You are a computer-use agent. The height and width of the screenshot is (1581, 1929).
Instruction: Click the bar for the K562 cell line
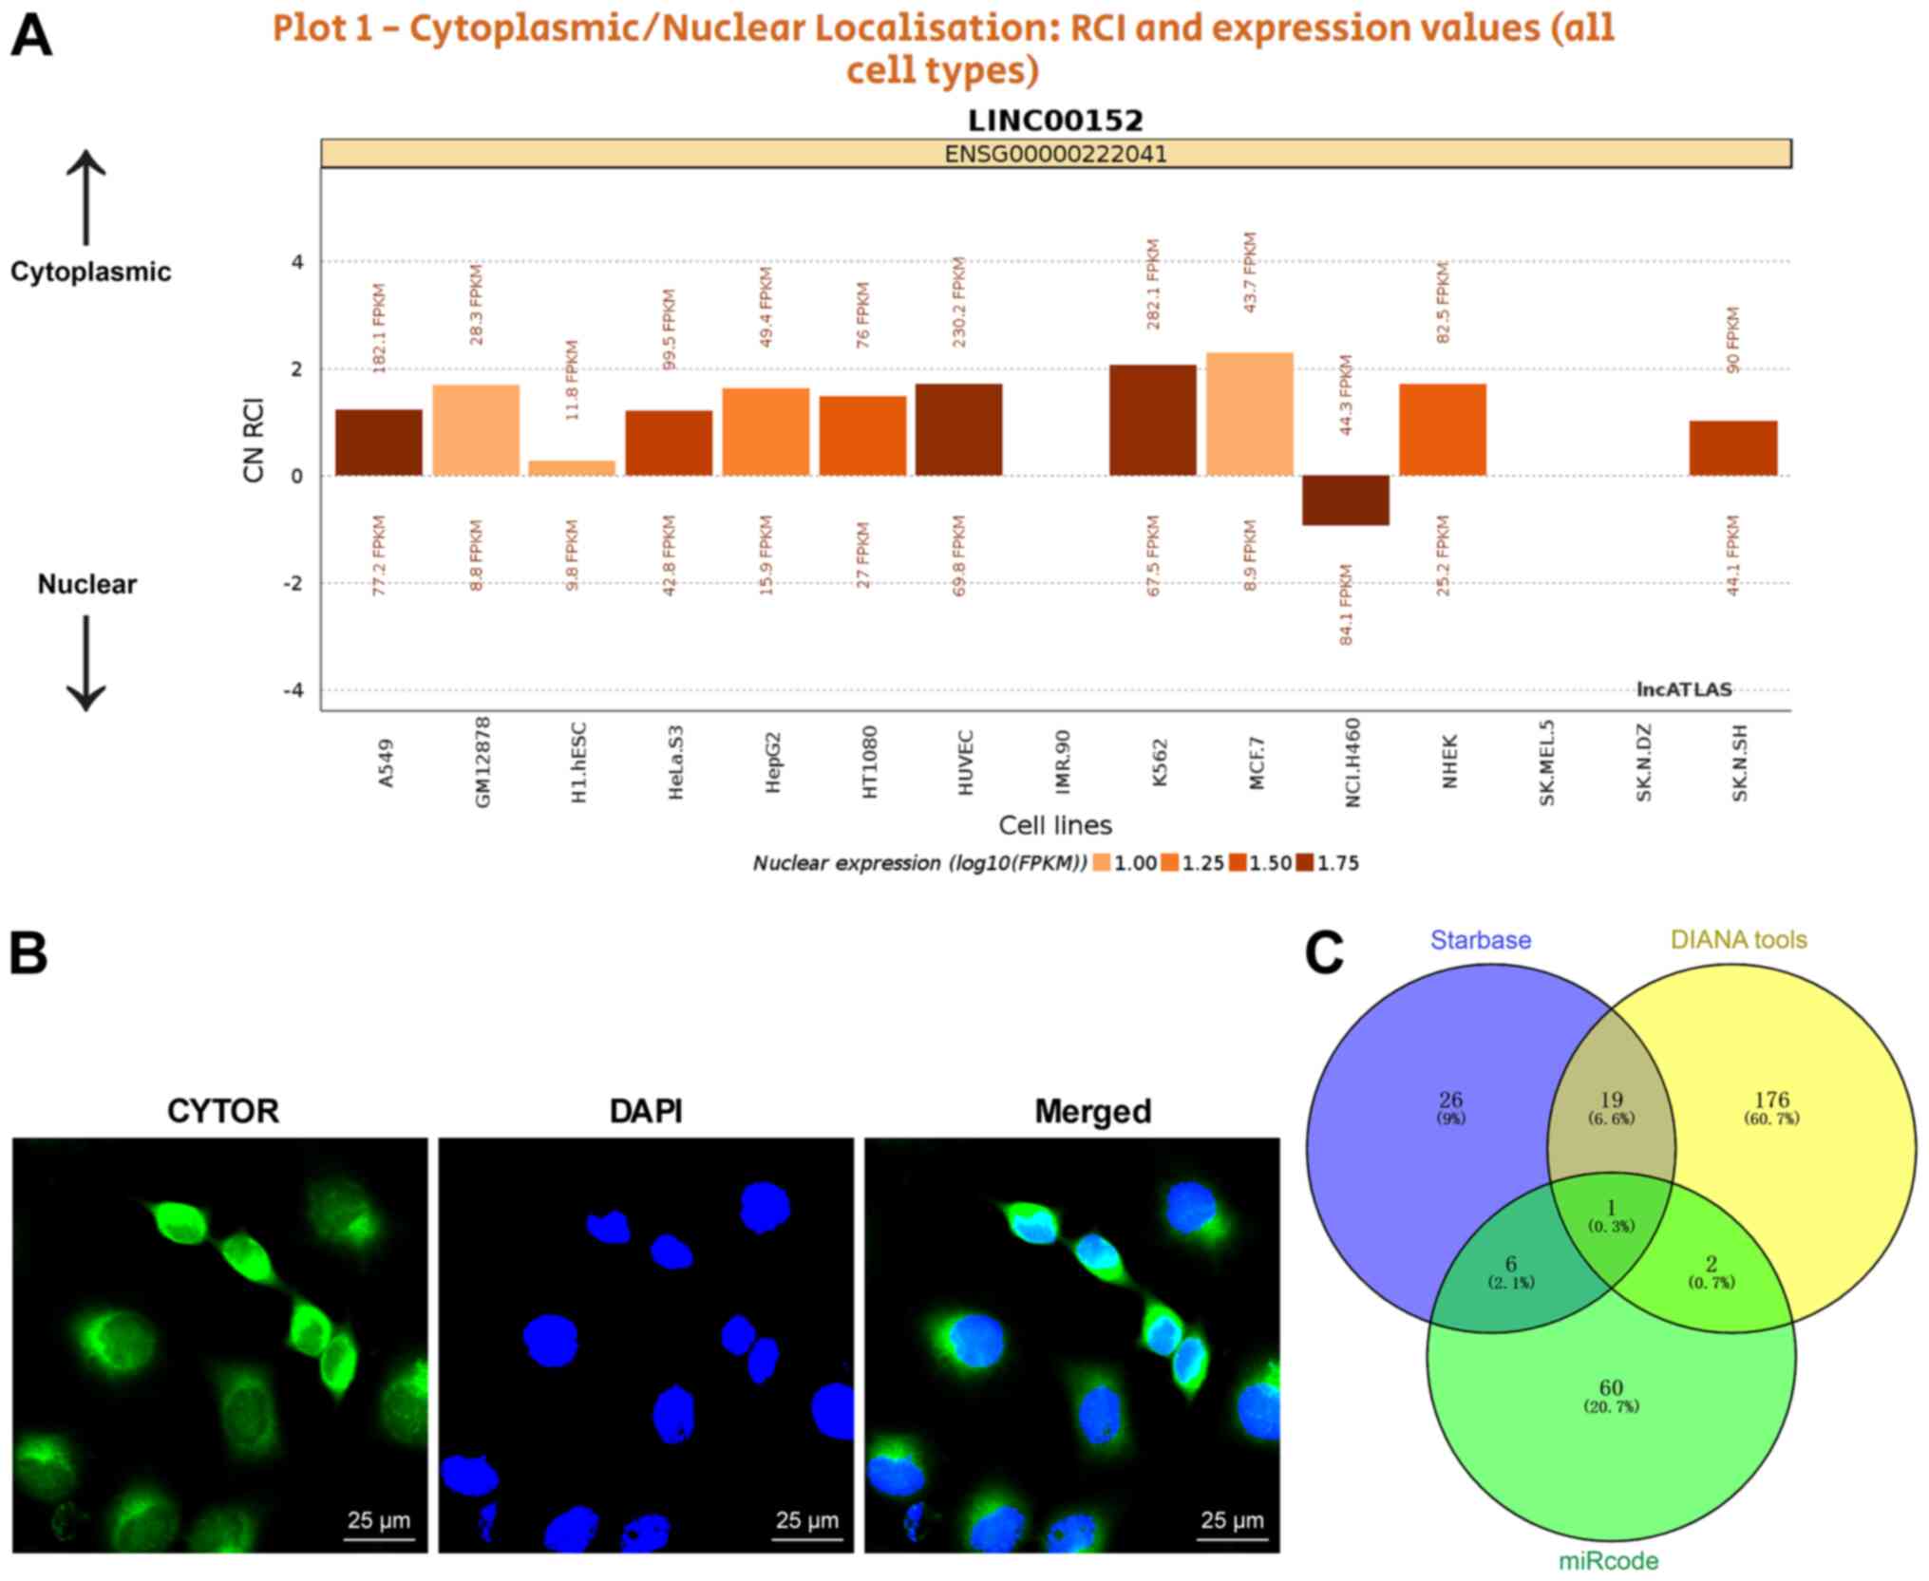[x=1153, y=420]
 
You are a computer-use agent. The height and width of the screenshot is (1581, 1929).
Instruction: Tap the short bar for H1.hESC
[x=572, y=467]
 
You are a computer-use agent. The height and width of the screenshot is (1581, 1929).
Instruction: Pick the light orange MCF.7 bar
[x=1250, y=414]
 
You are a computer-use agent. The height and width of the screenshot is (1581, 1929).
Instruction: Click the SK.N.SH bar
[x=1732, y=448]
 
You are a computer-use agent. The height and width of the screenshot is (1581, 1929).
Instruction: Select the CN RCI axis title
[x=254, y=440]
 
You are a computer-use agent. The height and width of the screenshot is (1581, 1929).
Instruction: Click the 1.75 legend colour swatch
[x=1305, y=863]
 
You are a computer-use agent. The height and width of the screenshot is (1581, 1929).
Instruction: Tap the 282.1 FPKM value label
[x=1153, y=284]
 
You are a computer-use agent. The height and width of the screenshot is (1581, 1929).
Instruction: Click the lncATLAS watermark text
[x=1684, y=689]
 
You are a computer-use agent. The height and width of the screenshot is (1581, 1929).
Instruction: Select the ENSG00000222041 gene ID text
[x=1055, y=154]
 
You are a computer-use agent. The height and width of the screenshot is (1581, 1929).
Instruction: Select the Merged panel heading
[x=1092, y=1111]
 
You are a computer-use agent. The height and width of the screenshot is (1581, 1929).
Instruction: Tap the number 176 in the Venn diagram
[x=1771, y=1100]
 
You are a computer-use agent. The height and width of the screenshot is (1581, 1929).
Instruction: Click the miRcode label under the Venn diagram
[x=1608, y=1561]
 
